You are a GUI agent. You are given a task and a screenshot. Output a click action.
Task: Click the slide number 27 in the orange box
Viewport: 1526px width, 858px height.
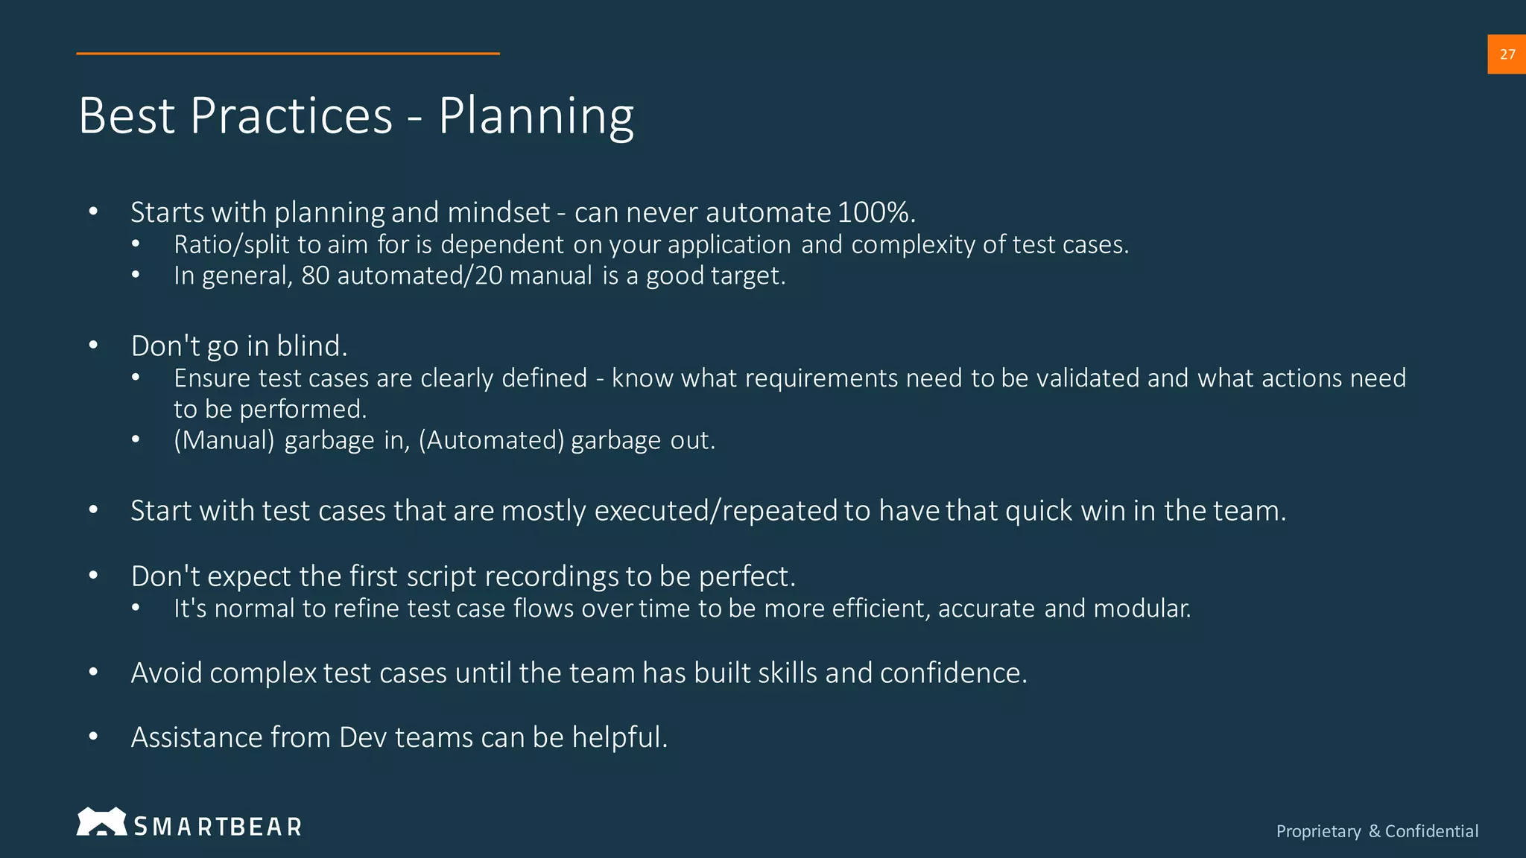1507,54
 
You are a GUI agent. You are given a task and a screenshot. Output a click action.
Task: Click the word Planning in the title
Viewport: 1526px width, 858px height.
536,116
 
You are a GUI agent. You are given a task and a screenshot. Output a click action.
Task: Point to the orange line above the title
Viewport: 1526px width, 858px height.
288,54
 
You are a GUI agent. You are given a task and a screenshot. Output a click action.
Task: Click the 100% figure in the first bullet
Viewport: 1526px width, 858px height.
873,213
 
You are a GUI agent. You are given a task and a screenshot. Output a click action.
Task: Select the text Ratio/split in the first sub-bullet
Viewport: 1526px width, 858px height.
232,245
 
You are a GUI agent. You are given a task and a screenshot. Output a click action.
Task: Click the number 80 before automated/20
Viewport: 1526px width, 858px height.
315,276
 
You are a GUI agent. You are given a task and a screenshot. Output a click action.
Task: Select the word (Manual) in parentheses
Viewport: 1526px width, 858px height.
224,441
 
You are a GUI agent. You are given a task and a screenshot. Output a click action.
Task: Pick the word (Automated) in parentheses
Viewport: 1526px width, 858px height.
492,441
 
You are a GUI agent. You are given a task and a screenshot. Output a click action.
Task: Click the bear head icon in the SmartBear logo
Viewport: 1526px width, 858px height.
101,822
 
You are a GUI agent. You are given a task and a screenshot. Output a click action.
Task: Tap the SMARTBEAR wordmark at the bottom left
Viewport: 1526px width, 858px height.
218,827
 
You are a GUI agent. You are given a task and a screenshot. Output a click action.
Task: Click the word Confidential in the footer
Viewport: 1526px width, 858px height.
1431,831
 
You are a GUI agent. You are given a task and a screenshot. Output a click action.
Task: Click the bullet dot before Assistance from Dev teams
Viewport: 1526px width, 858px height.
93,737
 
